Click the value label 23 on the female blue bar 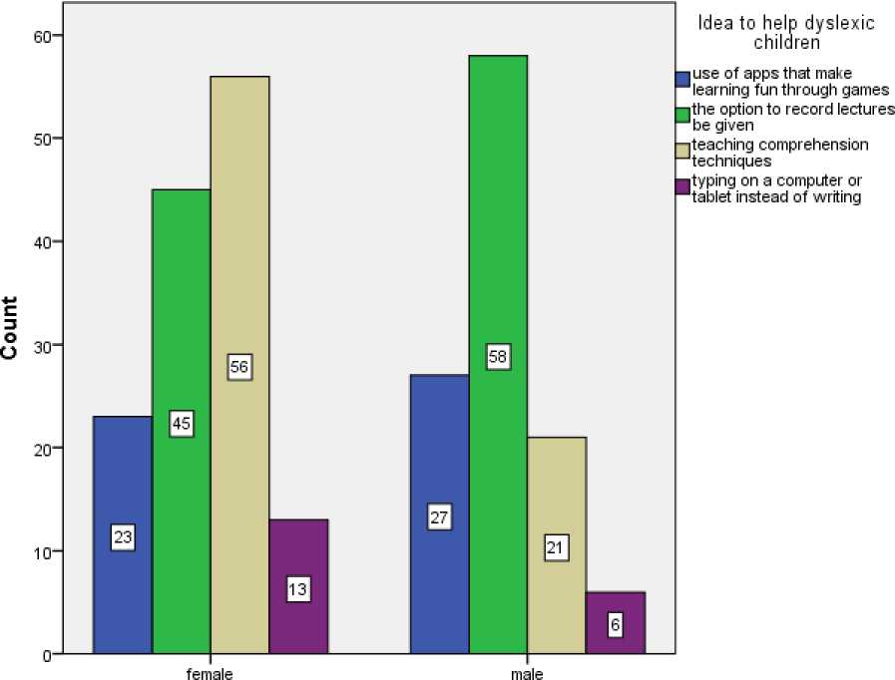(123, 538)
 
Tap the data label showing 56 (239, 367)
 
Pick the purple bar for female (298, 618)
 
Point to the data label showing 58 (499, 356)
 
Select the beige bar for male (557, 598)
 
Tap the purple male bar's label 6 (616, 624)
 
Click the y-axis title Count (12, 329)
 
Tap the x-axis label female (211, 674)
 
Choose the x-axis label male (527, 674)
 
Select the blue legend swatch (682, 79)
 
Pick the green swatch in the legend (682, 115)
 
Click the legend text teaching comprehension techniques (781, 152)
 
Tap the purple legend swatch (682, 186)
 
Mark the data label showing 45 (182, 424)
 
